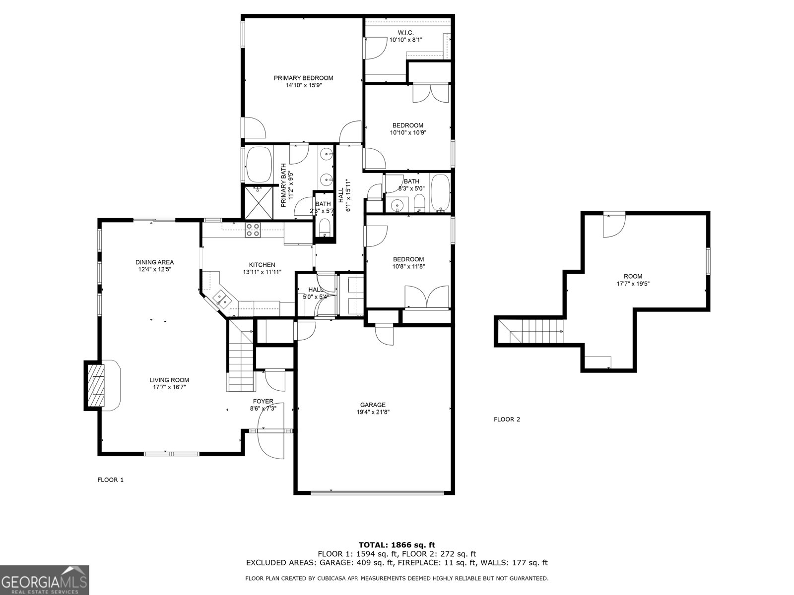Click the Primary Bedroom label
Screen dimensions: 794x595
click(x=303, y=78)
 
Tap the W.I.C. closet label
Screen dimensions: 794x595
click(x=405, y=33)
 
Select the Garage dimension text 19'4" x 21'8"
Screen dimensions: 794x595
click(x=373, y=412)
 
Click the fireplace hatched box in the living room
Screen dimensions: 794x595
click(x=96, y=385)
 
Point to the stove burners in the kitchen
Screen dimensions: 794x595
click(x=253, y=230)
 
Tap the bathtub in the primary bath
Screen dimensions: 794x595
click(x=259, y=164)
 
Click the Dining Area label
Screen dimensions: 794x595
click(x=154, y=262)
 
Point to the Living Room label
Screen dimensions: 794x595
click(x=169, y=380)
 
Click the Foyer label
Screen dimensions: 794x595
click(x=263, y=401)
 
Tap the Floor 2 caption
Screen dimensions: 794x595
click(x=507, y=419)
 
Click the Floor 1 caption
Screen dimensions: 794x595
click(x=110, y=480)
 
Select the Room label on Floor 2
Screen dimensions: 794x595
click(x=633, y=276)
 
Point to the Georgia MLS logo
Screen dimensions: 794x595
click(x=45, y=580)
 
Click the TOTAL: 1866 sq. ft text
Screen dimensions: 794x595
click(x=397, y=545)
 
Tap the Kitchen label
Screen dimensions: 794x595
click(x=262, y=265)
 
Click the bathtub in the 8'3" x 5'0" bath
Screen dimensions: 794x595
click(x=440, y=193)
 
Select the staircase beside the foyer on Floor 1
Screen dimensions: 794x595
click(x=241, y=356)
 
